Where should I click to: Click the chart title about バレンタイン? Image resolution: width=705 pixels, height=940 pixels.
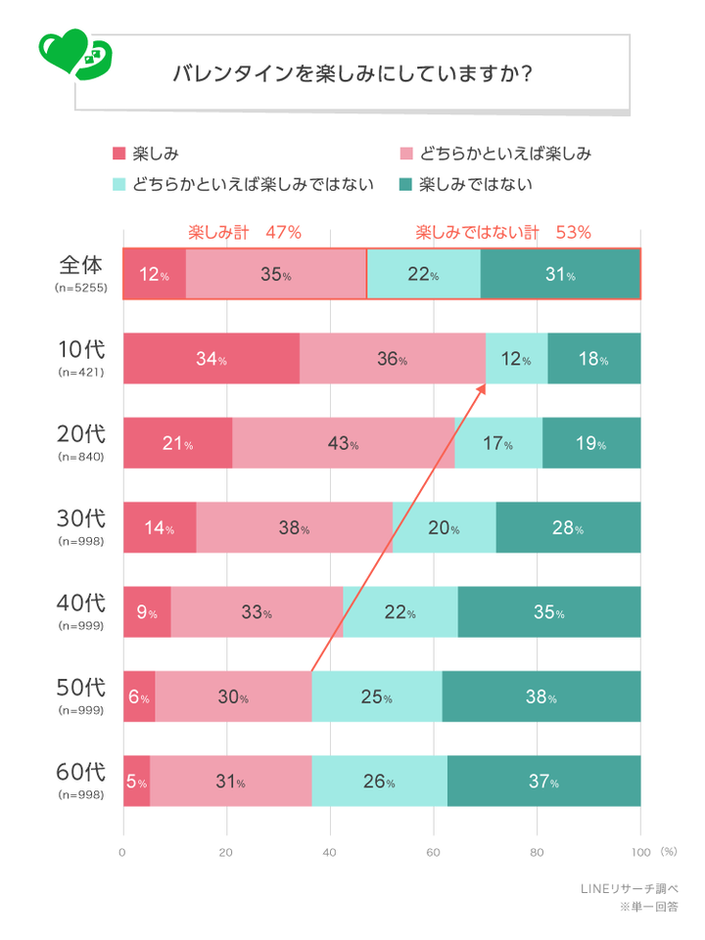pyautogui.click(x=352, y=74)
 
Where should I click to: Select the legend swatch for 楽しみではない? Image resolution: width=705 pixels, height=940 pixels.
pyautogui.click(x=405, y=183)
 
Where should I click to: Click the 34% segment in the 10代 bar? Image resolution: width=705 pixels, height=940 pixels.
pyautogui.click(x=211, y=358)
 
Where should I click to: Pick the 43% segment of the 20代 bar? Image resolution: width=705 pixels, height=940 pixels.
pyautogui.click(x=343, y=443)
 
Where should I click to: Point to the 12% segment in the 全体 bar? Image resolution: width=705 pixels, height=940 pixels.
pyautogui.click(x=154, y=274)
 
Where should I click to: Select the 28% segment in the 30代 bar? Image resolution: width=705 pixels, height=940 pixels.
pyautogui.click(x=568, y=528)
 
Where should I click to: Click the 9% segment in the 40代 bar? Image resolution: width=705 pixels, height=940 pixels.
pyautogui.click(x=147, y=612)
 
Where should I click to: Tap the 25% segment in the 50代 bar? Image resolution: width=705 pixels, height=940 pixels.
pyautogui.click(x=377, y=696)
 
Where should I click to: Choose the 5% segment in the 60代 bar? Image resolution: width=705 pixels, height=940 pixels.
pyautogui.click(x=136, y=782)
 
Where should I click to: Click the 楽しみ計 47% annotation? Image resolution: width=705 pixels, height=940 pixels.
pyautogui.click(x=244, y=233)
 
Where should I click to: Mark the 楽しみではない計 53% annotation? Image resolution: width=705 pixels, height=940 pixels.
pyautogui.click(x=502, y=233)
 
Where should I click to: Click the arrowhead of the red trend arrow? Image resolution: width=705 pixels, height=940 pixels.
pyautogui.click(x=483, y=387)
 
